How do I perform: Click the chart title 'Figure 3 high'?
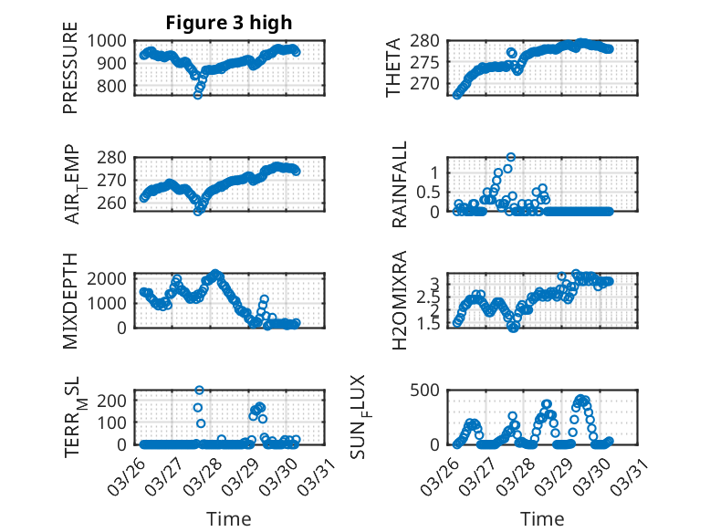click(229, 23)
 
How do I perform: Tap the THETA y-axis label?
click(393, 68)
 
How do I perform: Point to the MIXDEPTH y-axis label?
click(71, 300)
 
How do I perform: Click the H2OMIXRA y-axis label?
click(399, 300)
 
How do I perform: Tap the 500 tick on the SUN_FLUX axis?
click(430, 390)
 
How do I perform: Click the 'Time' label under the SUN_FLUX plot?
click(542, 518)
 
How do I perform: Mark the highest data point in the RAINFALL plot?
click(511, 157)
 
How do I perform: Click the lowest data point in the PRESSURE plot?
click(197, 94)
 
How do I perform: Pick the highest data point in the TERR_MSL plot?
click(199, 391)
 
